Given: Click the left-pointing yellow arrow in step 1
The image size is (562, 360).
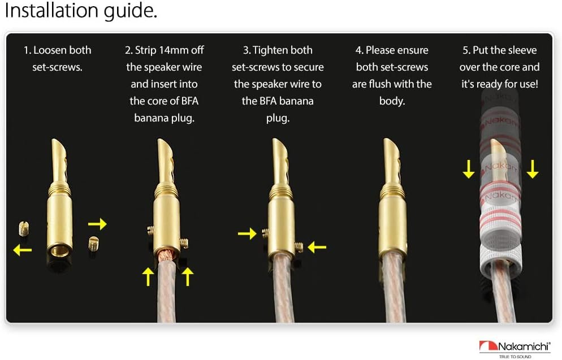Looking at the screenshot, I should (x=23, y=249).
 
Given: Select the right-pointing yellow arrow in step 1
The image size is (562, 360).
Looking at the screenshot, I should (x=97, y=224).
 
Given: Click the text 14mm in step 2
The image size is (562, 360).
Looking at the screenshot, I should (x=175, y=50).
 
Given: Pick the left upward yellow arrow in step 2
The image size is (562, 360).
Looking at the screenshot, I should (x=148, y=276).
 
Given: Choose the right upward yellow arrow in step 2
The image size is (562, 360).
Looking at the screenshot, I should (x=187, y=276).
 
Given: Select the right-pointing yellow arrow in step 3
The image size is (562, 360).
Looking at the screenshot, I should (x=247, y=233).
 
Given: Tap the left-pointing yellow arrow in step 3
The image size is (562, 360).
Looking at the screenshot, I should (x=318, y=246).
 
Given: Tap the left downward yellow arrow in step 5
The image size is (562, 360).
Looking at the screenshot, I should (x=469, y=168).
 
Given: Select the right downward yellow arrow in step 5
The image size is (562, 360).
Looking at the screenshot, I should (x=533, y=168).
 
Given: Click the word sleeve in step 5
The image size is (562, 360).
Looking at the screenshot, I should (x=519, y=50).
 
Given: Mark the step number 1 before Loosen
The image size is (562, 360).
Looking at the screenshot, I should (x=26, y=50).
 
